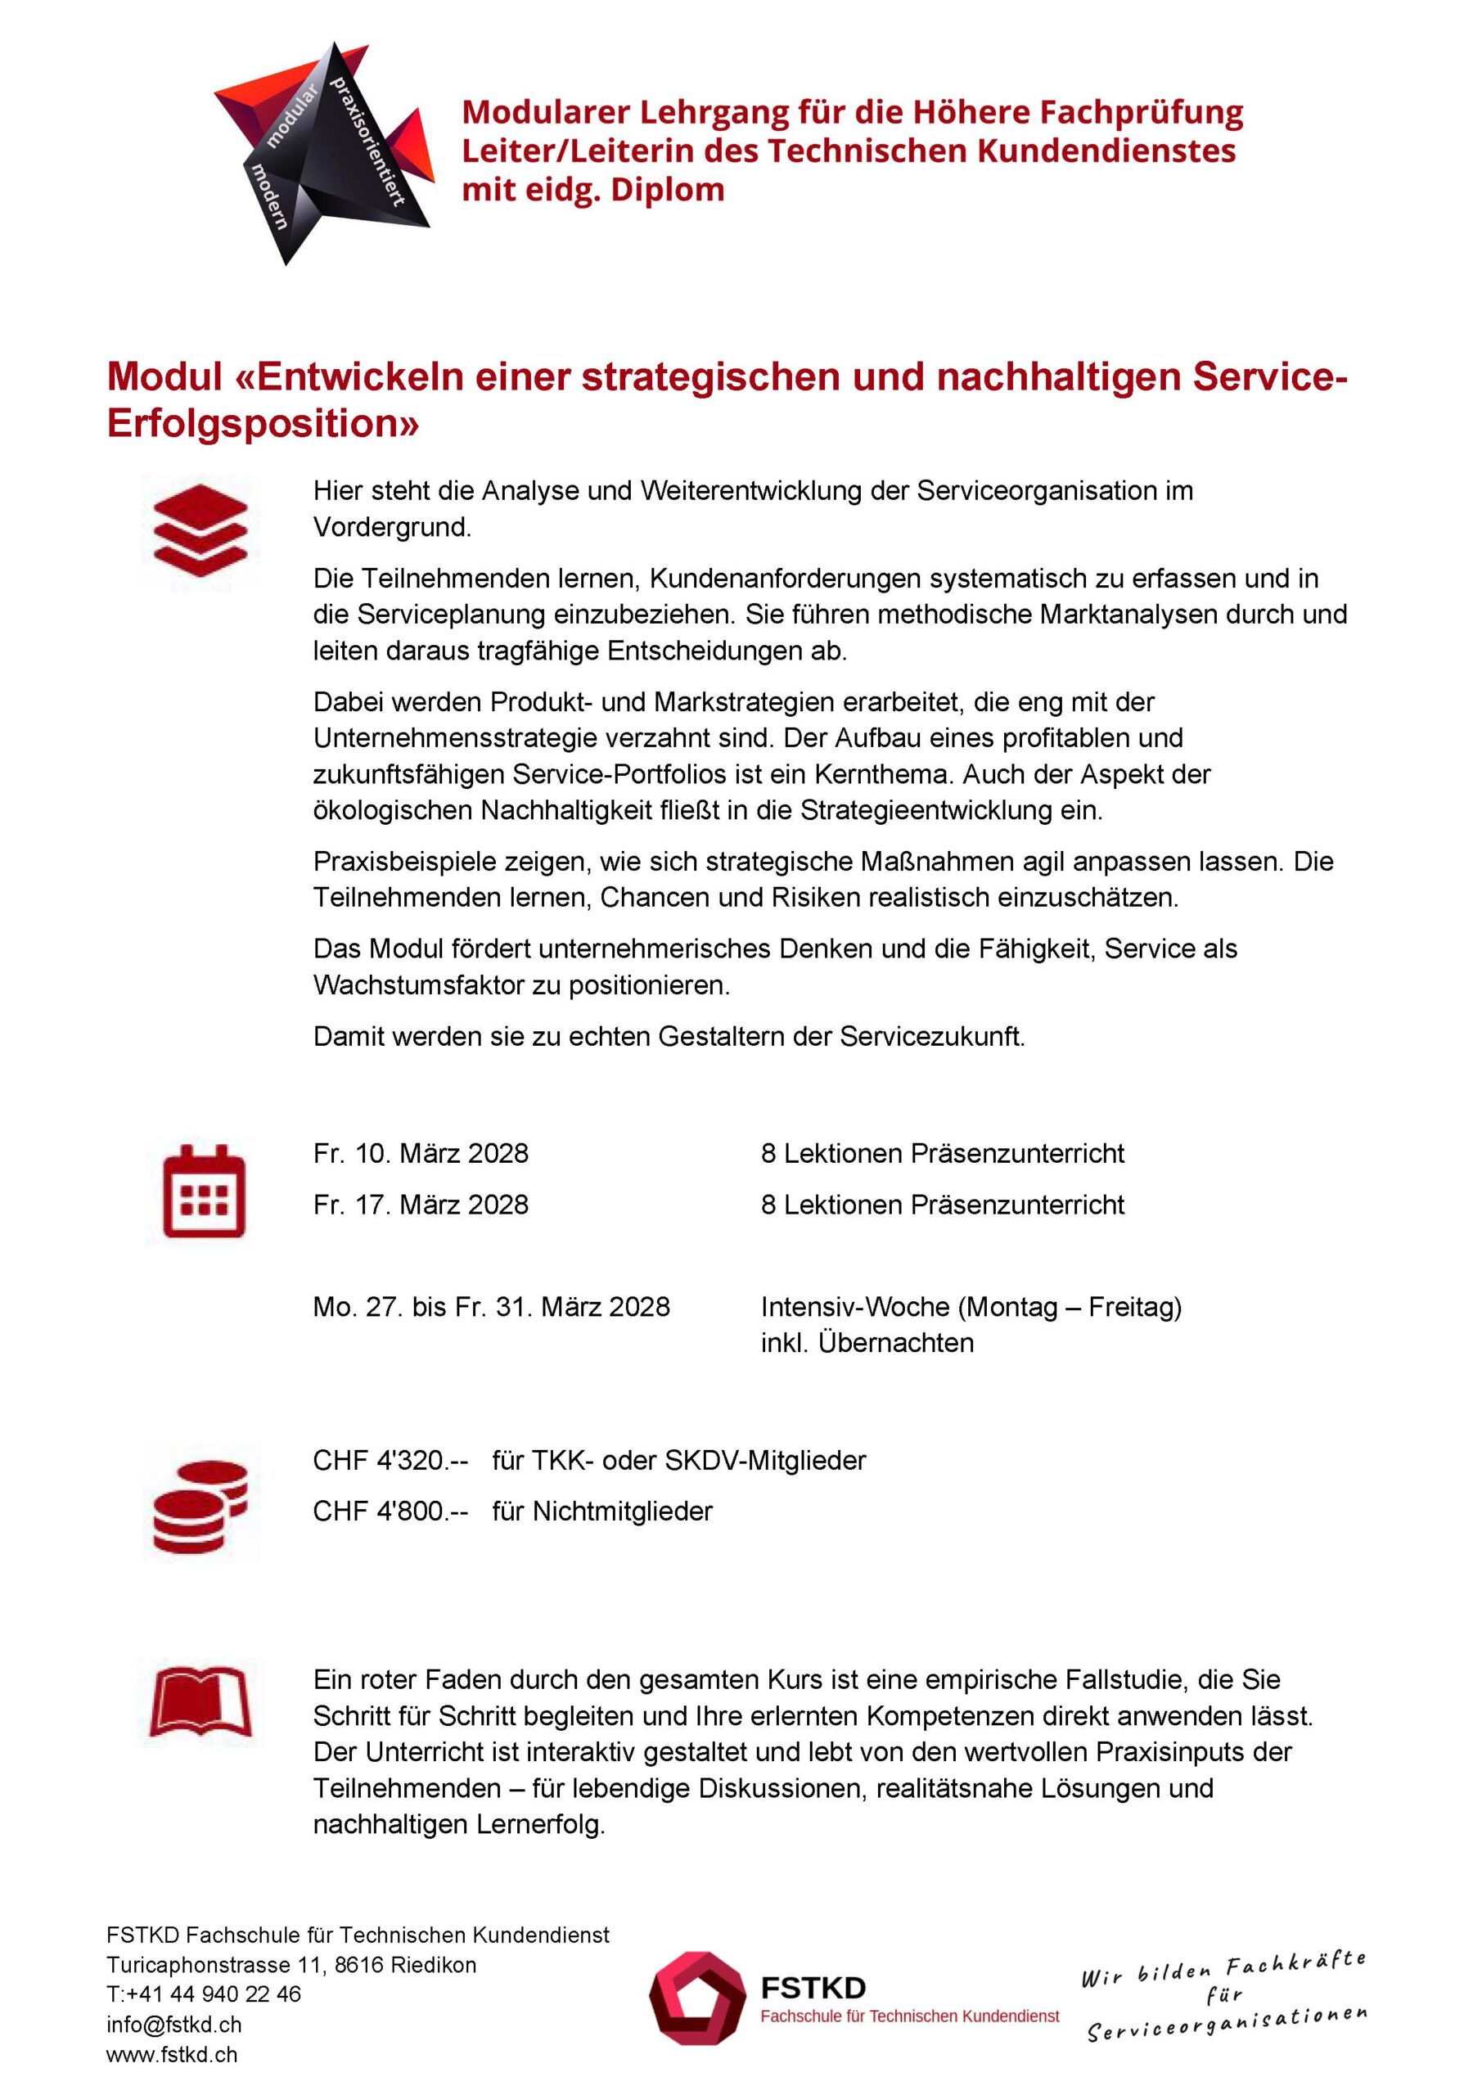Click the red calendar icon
point(204,1191)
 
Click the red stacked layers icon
point(200,530)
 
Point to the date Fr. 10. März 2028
point(421,1153)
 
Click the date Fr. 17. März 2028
point(421,1205)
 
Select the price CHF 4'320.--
point(390,1460)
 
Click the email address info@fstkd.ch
point(173,2025)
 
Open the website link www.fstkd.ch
point(172,2055)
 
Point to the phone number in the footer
point(204,1994)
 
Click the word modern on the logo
point(270,196)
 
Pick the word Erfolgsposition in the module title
point(263,423)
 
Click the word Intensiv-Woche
point(855,1307)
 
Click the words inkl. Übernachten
point(867,1342)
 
